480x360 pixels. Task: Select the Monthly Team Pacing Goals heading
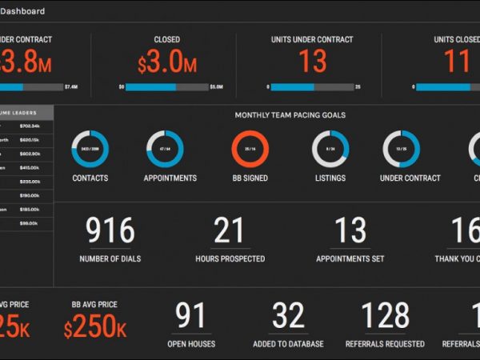[290, 115]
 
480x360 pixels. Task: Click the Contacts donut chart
[90, 150]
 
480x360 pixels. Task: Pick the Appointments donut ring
[165, 150]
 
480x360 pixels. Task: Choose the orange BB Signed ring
[250, 150]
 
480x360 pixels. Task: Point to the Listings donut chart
[330, 150]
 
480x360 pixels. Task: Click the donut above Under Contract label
[402, 150]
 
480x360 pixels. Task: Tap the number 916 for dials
[110, 231]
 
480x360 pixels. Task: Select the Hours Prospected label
[230, 259]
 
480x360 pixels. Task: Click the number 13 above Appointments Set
[350, 231]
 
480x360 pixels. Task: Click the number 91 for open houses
[190, 317]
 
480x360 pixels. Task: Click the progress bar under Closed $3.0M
[167, 86]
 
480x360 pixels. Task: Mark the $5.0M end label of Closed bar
[216, 86]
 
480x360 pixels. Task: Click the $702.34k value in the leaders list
[30, 126]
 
